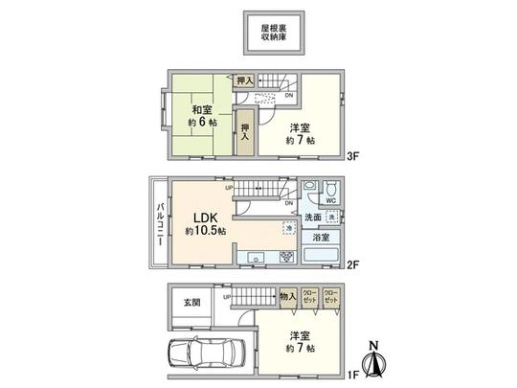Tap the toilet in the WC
click(x=327, y=189)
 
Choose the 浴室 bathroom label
click(x=318, y=237)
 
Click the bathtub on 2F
click(x=324, y=256)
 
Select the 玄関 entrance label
click(x=192, y=303)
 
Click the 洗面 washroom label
click(x=313, y=217)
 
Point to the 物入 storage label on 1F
click(x=287, y=298)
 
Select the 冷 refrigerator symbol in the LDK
click(x=287, y=229)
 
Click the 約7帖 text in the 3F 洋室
click(x=298, y=140)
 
